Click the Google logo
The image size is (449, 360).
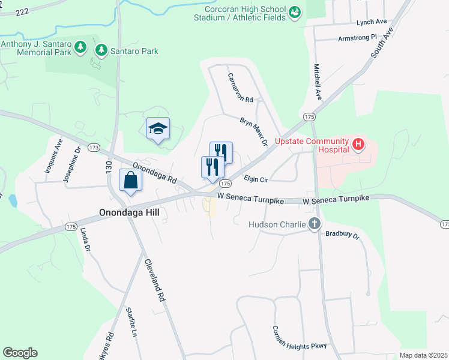click(20, 353)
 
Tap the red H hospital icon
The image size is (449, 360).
click(358, 144)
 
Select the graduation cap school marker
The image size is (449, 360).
click(158, 128)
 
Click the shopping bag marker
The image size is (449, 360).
click(130, 180)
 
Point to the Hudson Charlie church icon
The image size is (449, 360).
click(314, 224)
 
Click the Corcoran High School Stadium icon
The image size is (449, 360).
click(294, 12)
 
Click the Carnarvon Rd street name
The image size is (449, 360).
click(240, 88)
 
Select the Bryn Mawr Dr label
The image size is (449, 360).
click(253, 131)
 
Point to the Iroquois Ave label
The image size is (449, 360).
click(53, 156)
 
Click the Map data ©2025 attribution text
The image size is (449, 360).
click(423, 355)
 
